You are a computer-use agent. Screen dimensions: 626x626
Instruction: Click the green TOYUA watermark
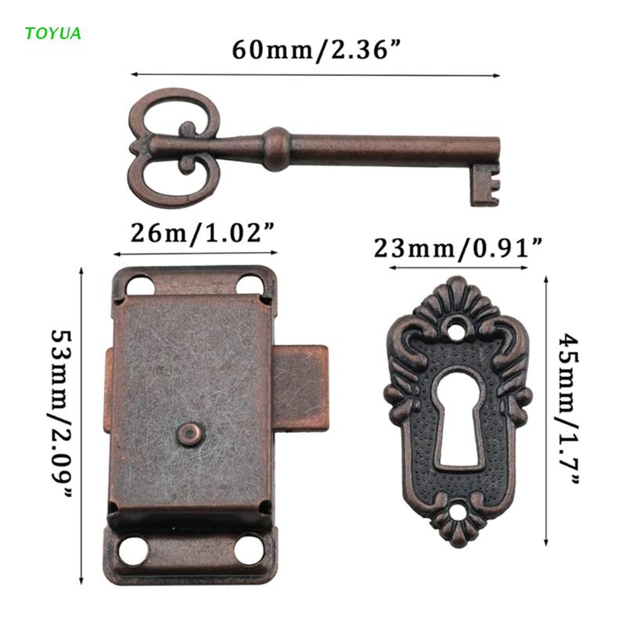point(53,33)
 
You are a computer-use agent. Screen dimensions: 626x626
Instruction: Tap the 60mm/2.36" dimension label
point(316,50)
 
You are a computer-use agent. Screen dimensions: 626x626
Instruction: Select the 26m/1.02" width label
point(203,232)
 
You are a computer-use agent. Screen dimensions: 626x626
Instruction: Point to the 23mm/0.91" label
point(458,248)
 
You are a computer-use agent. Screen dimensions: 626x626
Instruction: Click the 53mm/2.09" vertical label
point(61,414)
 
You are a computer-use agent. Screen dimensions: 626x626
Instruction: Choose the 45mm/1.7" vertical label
point(569,408)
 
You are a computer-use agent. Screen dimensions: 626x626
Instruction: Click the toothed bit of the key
point(485,185)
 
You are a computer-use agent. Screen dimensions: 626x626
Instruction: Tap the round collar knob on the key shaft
point(277,149)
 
